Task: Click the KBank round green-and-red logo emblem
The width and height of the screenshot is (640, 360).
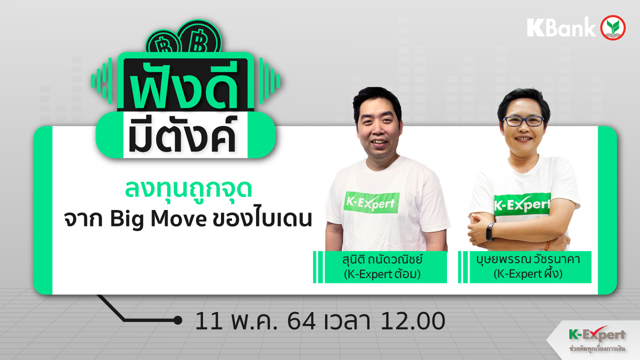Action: (x=613, y=27)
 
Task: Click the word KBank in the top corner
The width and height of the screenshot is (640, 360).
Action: (x=561, y=27)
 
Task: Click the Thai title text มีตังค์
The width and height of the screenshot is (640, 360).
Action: (x=182, y=135)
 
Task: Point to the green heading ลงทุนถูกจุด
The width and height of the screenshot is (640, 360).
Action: (x=188, y=189)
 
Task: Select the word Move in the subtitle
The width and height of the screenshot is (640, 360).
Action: (x=179, y=219)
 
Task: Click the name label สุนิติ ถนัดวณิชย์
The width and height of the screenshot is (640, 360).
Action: (x=382, y=259)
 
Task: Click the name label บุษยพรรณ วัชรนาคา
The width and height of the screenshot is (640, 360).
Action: (x=527, y=259)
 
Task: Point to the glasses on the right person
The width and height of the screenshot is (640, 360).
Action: (x=523, y=121)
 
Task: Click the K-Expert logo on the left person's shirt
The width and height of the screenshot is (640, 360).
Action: (x=371, y=202)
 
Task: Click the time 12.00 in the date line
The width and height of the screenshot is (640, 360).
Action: (x=412, y=321)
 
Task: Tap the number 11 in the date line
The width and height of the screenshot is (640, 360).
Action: (x=208, y=321)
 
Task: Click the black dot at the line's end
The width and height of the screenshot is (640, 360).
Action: (x=177, y=320)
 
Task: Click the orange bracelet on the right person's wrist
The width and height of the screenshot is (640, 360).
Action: (x=547, y=245)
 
